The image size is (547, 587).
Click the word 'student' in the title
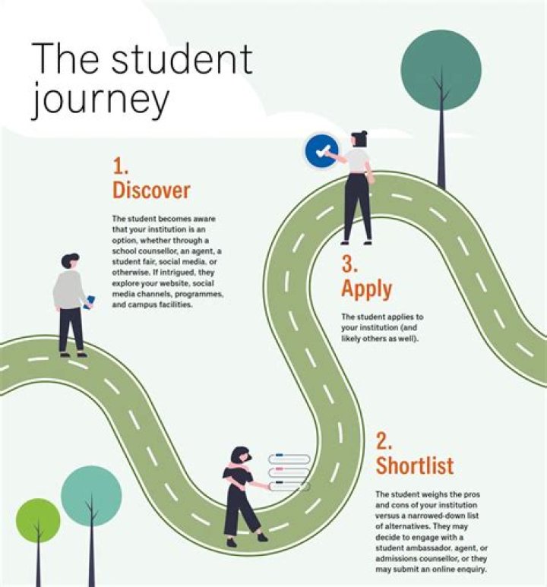(x=182, y=58)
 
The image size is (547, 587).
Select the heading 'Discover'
(x=151, y=190)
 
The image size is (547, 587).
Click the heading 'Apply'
(x=367, y=289)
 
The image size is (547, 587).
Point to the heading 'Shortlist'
(x=415, y=465)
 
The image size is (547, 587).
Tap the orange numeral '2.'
(x=384, y=441)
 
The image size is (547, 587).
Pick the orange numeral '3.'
(x=349, y=264)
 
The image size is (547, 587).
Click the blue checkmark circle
(x=321, y=151)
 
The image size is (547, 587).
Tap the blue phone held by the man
(x=90, y=302)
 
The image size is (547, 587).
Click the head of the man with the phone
(x=70, y=261)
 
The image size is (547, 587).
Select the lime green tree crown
(x=38, y=520)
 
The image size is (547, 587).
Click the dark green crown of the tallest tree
(x=441, y=70)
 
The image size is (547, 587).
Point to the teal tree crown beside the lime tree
(x=91, y=497)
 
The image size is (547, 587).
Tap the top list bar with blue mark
(x=289, y=458)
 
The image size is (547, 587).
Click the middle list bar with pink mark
(x=289, y=472)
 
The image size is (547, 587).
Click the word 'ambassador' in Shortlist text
(x=422, y=548)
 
